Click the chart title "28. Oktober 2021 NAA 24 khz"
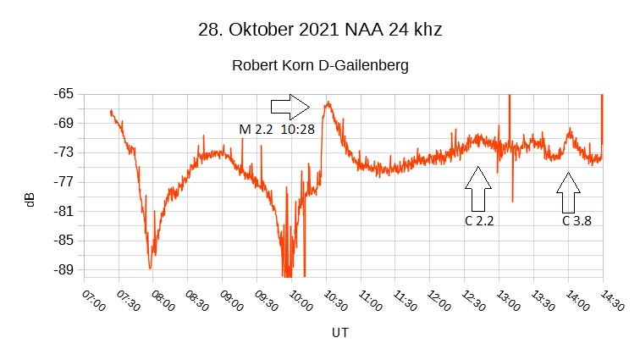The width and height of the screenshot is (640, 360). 319,29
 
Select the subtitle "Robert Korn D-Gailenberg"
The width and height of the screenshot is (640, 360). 319,65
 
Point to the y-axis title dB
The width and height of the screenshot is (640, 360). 30,201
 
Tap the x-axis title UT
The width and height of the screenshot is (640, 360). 339,333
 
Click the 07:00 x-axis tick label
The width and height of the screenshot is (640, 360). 95,302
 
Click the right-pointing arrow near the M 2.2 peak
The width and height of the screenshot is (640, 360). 290,107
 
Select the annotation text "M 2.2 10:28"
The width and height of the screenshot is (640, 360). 277,130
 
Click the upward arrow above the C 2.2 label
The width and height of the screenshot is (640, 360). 478,189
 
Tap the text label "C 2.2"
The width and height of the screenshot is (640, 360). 478,221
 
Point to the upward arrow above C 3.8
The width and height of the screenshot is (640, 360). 569,192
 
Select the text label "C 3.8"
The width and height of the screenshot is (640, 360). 577,221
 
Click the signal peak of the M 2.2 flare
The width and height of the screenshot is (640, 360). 328,102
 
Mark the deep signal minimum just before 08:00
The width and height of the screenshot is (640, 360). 150,268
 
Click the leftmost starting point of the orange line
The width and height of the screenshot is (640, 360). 110,111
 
